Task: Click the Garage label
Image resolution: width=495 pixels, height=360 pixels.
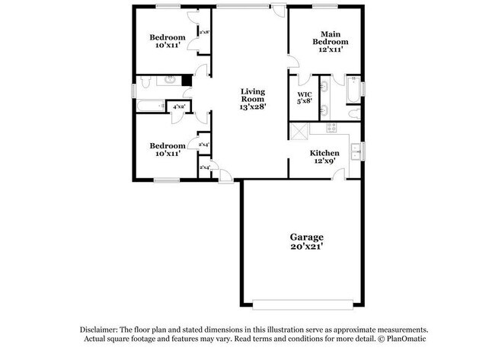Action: [x=306, y=237]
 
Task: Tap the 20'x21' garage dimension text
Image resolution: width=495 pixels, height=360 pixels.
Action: [x=306, y=247]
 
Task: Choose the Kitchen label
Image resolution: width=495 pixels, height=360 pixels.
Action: [x=324, y=153]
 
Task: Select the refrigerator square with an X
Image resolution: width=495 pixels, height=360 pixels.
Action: [x=298, y=131]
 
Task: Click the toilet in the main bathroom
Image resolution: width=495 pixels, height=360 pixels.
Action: [x=354, y=113]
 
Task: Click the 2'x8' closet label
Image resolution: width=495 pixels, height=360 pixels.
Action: [x=204, y=33]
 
